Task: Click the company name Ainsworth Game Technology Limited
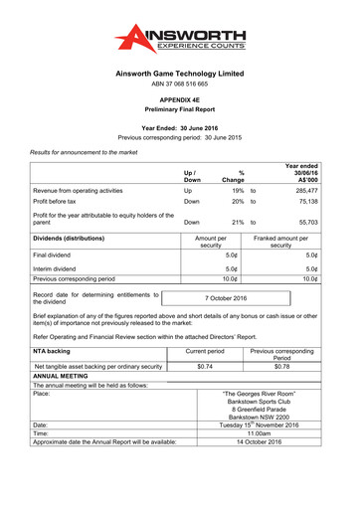pyautogui.click(x=179, y=74)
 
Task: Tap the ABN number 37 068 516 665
pyautogui.click(x=179, y=86)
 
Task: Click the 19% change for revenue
pyautogui.click(x=238, y=188)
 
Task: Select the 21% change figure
pyautogui.click(x=238, y=224)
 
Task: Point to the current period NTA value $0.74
pyautogui.click(x=206, y=366)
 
